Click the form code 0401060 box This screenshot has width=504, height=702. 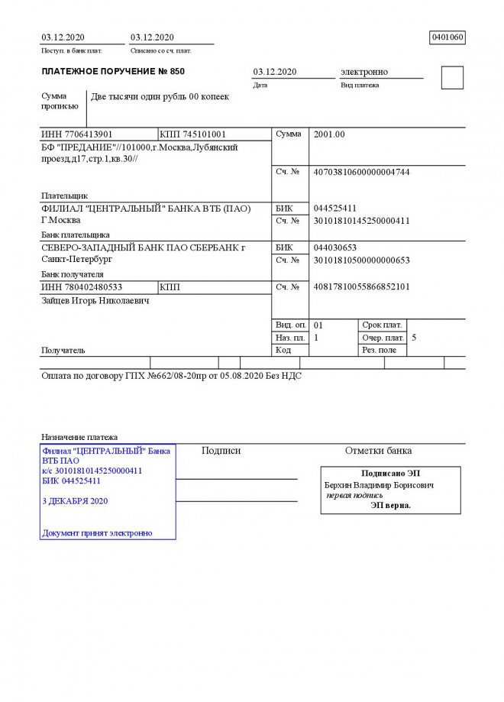pyautogui.click(x=447, y=37)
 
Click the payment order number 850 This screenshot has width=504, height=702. pyautogui.click(x=175, y=72)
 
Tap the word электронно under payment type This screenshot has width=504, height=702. pyautogui.click(x=363, y=72)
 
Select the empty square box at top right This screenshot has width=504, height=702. pyautogui.click(x=452, y=78)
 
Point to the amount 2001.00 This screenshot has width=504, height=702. pyautogui.click(x=329, y=134)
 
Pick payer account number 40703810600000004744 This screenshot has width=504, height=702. pyautogui.click(x=361, y=173)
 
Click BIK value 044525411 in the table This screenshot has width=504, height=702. pyautogui.click(x=335, y=209)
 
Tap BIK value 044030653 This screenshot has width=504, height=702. pyautogui.click(x=335, y=247)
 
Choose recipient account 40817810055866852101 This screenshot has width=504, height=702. pyautogui.click(x=361, y=286)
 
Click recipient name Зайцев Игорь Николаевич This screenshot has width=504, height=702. pyautogui.click(x=95, y=300)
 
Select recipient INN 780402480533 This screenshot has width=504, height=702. pyautogui.click(x=82, y=287)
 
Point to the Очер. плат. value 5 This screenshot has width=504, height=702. pyautogui.click(x=414, y=337)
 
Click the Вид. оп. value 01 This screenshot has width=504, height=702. pyautogui.click(x=318, y=325)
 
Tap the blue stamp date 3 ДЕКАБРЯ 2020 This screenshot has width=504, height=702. pyautogui.click(x=75, y=501)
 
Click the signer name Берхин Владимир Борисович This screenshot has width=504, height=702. pyautogui.click(x=380, y=485)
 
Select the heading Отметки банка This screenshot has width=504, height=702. pyautogui.click(x=378, y=451)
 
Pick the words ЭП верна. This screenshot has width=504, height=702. pyautogui.click(x=391, y=505)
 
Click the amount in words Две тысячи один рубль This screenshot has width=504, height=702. pyautogui.click(x=149, y=97)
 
